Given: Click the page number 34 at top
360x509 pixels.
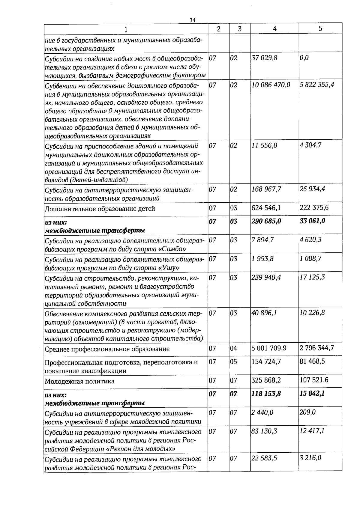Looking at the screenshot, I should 192,20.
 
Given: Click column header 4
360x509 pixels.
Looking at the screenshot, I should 274,28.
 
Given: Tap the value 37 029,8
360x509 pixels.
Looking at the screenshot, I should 264,58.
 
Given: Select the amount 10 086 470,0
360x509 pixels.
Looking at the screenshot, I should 271,85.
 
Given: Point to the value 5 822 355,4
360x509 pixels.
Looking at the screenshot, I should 317,85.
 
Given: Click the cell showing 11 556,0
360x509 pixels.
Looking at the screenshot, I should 264,145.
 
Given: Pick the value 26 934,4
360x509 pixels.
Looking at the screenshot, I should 312,189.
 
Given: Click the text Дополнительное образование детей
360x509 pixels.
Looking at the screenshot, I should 100,209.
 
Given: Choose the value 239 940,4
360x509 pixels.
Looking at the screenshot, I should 266,277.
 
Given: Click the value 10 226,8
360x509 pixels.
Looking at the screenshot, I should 312,313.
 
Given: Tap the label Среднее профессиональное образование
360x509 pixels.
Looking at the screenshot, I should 107,349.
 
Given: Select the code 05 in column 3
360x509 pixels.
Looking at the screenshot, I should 233,362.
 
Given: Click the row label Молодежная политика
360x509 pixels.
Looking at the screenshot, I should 79,382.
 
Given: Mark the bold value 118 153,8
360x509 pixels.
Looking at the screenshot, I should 266,394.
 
